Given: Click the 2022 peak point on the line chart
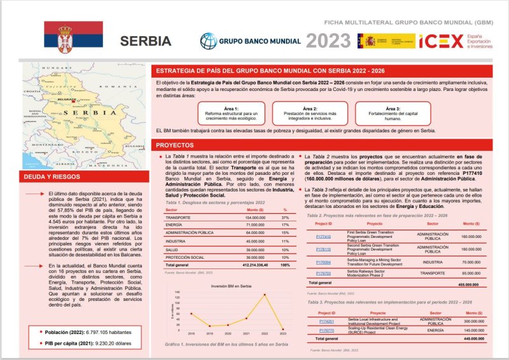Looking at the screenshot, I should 265,294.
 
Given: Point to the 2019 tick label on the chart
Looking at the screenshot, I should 209,333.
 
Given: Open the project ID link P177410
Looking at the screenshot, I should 323,236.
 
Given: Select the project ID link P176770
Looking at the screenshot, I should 326,331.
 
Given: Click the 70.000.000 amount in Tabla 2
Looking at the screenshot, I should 471,262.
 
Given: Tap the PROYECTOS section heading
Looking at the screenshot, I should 176,146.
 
